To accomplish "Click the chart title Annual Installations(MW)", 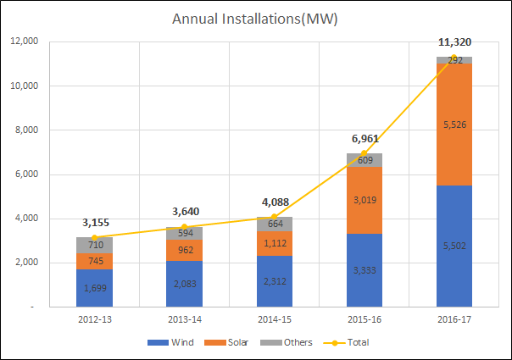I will pos(255,19).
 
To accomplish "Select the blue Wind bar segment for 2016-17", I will pos(454,246).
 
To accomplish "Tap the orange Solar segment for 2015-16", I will pos(364,200).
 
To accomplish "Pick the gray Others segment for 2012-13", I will pos(94,245).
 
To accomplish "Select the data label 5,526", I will pos(454,125).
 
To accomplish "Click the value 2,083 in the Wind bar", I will pos(184,285).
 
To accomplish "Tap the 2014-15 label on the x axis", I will pos(275,319).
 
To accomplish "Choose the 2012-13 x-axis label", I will pos(94,319).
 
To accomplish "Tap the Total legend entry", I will pos(349,342).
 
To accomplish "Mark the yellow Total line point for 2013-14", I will pos(184,226).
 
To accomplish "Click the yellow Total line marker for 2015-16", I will pos(364,153).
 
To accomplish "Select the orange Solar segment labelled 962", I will pos(184,250).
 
